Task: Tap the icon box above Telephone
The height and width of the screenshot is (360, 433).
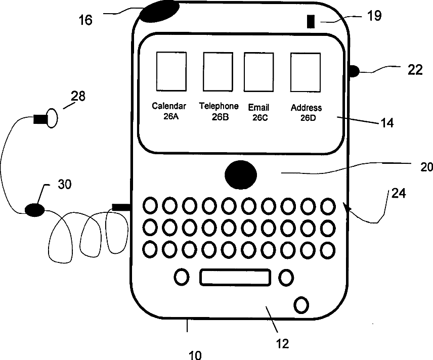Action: (218, 71)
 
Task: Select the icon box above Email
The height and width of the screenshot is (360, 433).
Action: (258, 71)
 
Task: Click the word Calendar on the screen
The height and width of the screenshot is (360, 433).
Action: (169, 106)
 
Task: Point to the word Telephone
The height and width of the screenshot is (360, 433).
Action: (219, 106)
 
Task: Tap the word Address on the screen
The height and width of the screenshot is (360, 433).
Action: (306, 108)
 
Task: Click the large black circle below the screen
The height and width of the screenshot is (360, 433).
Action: (240, 175)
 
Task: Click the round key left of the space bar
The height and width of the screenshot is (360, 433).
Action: (182, 277)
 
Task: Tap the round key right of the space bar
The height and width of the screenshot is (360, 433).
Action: (286, 277)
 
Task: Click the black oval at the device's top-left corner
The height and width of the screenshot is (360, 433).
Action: (159, 11)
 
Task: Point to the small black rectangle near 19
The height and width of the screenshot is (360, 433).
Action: (311, 22)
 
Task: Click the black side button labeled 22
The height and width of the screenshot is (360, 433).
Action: (354, 71)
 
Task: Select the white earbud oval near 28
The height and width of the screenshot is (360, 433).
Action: (52, 118)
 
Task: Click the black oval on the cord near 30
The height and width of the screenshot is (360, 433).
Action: (34, 209)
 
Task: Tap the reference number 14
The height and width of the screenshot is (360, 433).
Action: (387, 122)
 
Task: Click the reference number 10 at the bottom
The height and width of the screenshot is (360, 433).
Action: (195, 355)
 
